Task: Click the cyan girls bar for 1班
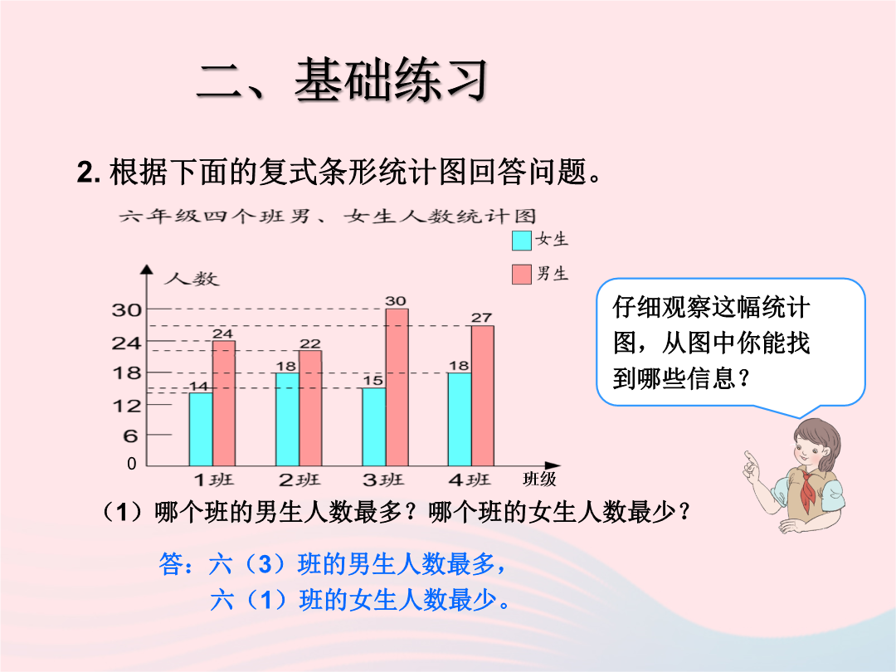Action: click(x=201, y=429)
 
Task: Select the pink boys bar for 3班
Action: click(x=397, y=387)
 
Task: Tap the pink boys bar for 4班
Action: click(x=483, y=396)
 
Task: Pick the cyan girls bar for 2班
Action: click(x=287, y=419)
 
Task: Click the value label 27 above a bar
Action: click(x=481, y=318)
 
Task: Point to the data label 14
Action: click(x=199, y=387)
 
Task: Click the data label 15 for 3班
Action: click(x=373, y=381)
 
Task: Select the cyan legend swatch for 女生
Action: click(x=522, y=241)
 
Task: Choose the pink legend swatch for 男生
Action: click(x=522, y=275)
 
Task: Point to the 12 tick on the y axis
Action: click(x=126, y=406)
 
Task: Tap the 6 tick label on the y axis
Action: click(x=130, y=436)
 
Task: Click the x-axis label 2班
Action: click(x=299, y=480)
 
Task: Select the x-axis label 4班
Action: click(x=469, y=480)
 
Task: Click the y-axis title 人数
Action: click(x=192, y=279)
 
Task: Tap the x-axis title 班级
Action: click(x=539, y=479)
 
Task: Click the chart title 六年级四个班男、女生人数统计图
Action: click(x=328, y=216)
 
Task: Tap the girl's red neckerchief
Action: click(x=807, y=489)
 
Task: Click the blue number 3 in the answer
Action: click(x=265, y=565)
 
